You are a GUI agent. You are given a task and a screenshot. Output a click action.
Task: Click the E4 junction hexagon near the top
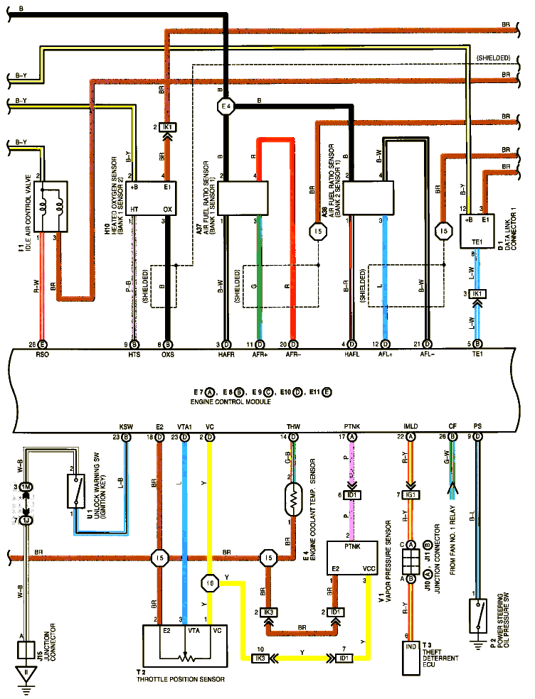[x=226, y=107]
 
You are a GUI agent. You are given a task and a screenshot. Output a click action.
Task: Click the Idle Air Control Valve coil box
[x=50, y=206]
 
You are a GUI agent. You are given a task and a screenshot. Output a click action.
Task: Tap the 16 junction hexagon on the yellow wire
[x=210, y=583]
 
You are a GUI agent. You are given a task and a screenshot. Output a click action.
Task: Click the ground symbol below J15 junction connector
[x=26, y=676]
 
